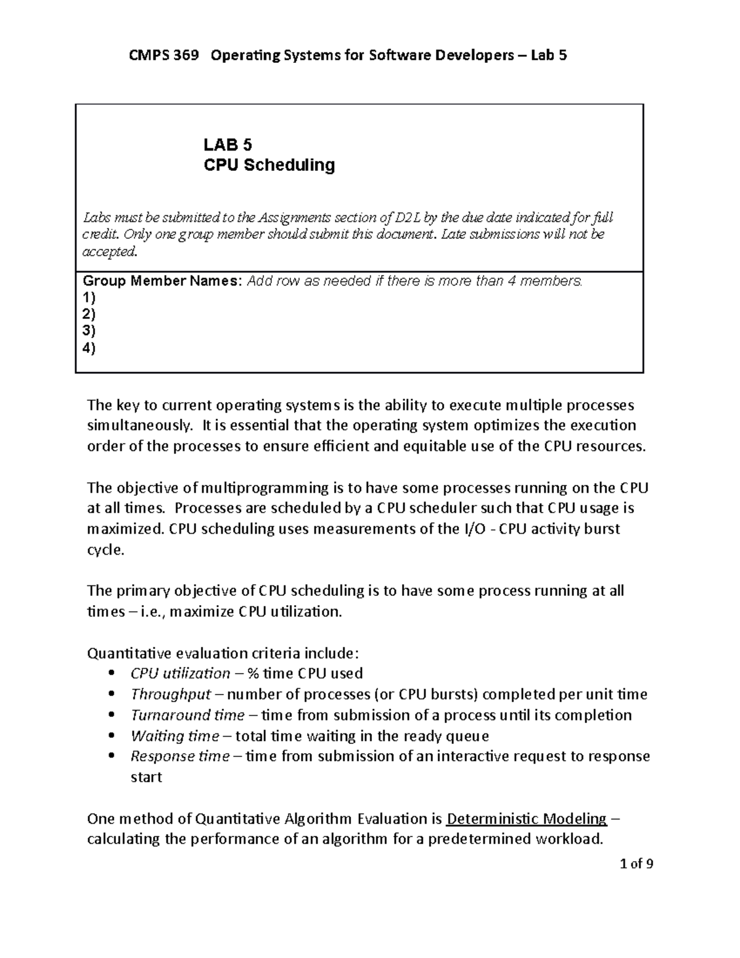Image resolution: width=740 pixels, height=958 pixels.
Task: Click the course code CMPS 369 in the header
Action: point(163,56)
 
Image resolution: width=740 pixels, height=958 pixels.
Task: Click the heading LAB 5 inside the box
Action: point(228,145)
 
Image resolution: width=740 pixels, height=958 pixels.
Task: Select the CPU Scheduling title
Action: point(269,165)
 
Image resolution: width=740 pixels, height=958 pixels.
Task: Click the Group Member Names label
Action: point(163,281)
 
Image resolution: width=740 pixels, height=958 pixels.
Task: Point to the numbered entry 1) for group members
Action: point(89,298)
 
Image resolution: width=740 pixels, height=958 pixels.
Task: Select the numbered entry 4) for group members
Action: point(89,349)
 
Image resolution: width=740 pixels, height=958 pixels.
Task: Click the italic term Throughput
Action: point(171,695)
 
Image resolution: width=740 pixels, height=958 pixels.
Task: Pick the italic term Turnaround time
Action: point(187,716)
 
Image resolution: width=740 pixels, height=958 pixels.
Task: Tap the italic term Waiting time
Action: point(175,736)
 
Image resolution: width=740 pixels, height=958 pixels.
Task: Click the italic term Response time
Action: point(180,756)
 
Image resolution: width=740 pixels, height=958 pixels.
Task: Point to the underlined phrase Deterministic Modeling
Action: point(526,819)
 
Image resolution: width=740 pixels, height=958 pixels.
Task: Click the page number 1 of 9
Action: point(636,864)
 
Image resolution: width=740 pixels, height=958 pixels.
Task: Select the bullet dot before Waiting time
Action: point(112,736)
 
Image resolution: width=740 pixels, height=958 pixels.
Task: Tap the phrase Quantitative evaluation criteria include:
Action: point(223,653)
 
